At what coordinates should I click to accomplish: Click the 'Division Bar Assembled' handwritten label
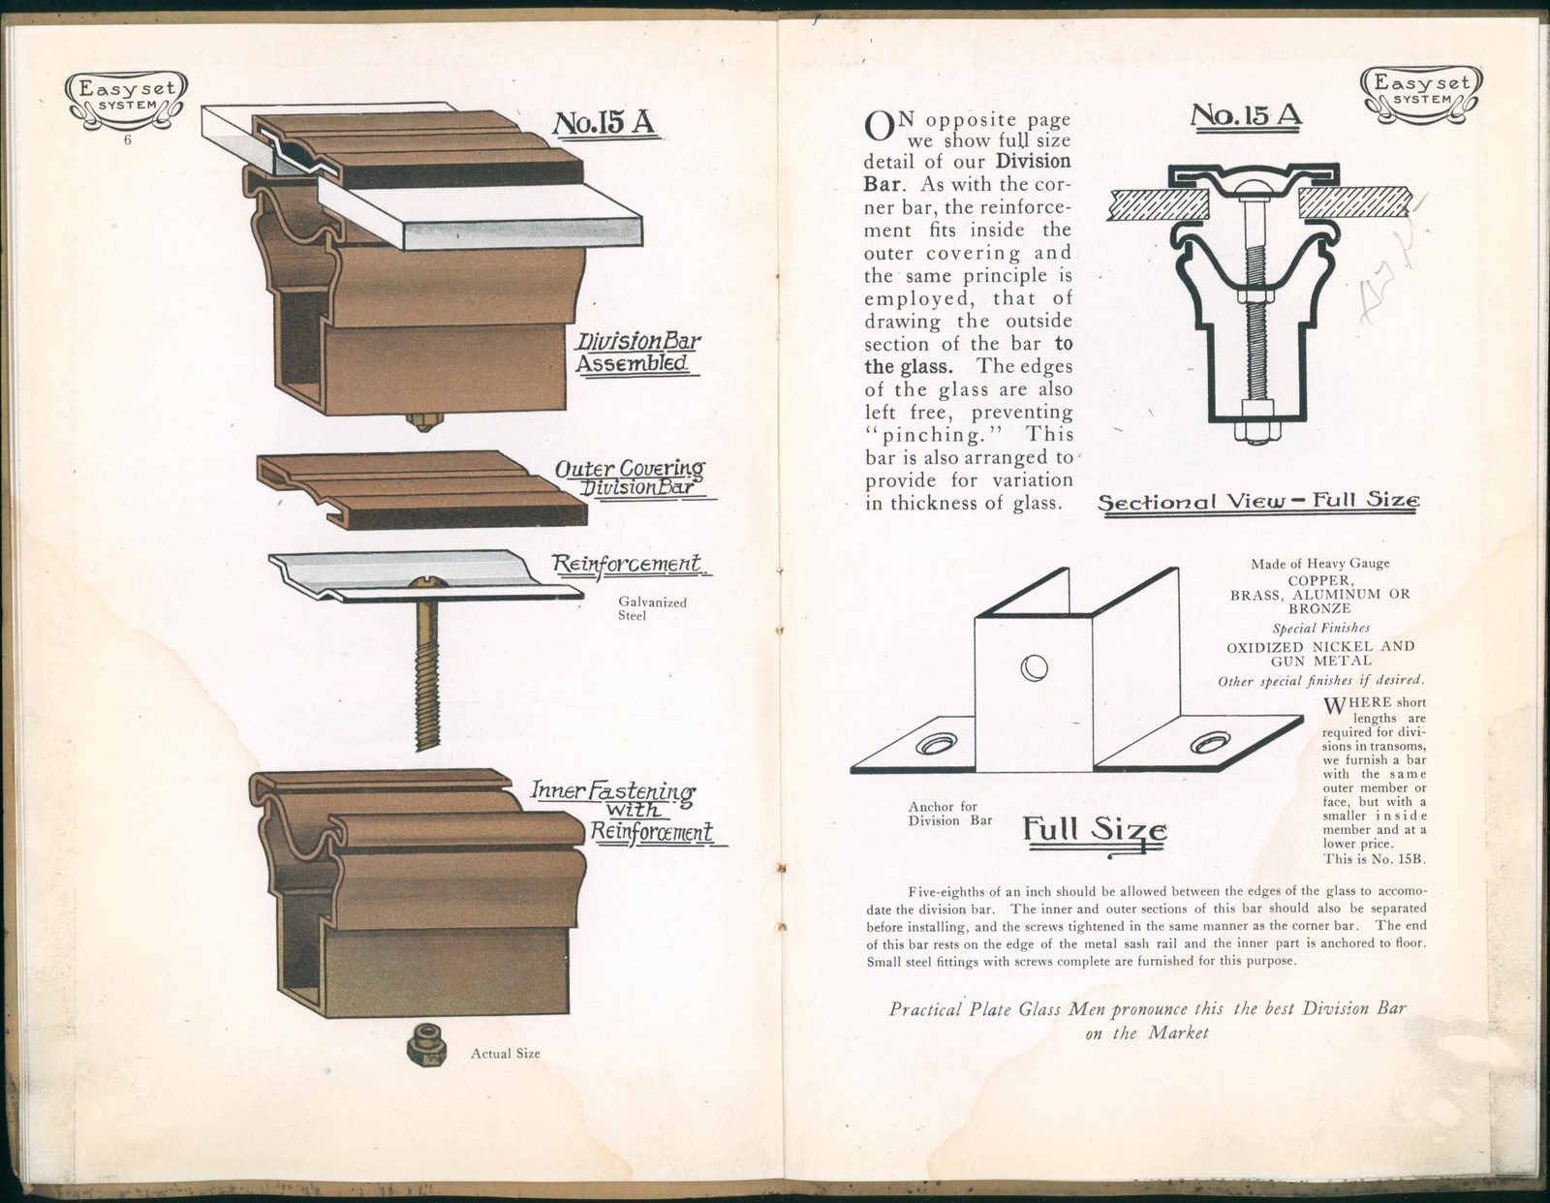[x=637, y=353]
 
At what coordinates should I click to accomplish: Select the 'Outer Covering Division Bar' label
[x=630, y=478]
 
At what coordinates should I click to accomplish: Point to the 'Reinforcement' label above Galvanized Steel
[x=626, y=564]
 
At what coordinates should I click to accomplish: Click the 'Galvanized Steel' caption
[x=652, y=608]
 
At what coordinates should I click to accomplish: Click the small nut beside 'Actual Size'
[x=425, y=1044]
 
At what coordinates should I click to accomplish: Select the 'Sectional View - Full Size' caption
[x=1258, y=502]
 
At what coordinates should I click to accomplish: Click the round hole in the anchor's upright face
[x=1034, y=667]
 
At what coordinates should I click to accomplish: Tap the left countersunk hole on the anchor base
[x=937, y=743]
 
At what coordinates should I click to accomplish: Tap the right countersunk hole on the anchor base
[x=1208, y=743]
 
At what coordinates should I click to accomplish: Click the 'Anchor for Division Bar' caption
[x=943, y=813]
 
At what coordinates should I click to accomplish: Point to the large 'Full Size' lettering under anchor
[x=1095, y=831]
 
